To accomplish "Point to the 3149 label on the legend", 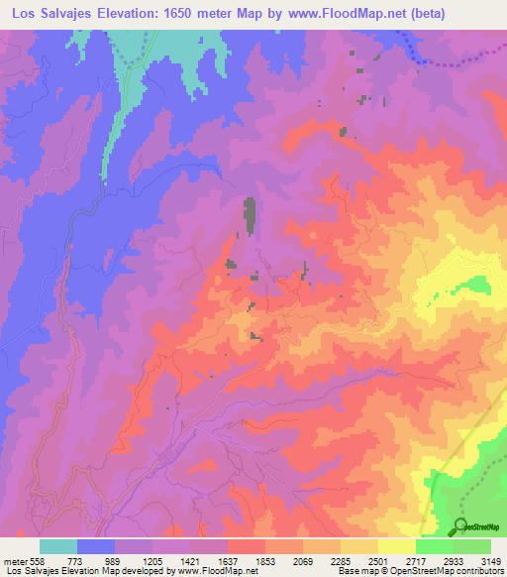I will tap(491, 561).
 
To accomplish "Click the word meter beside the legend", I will tap(15, 561).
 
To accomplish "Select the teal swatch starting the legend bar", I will tap(58, 546).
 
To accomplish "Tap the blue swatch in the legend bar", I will tap(96, 546).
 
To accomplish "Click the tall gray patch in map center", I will tap(250, 216).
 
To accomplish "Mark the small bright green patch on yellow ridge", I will tap(478, 285).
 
